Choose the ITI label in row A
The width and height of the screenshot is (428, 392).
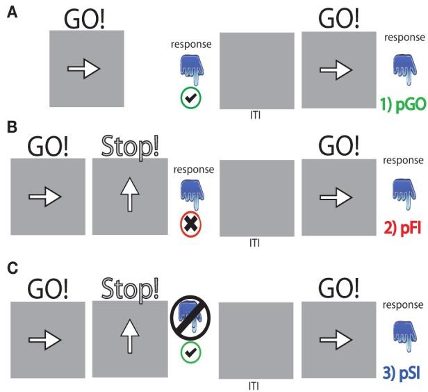pos(256,113)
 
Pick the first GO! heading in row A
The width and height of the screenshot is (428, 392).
pos(88,17)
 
